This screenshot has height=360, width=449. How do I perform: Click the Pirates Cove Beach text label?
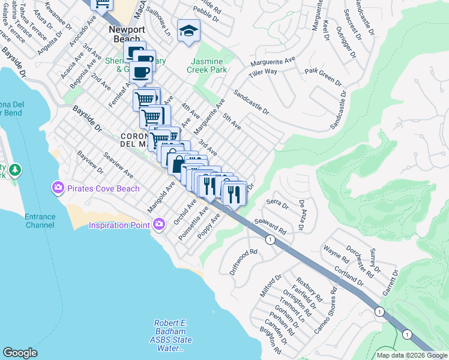point(103,188)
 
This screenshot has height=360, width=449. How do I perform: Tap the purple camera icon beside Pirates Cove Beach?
point(58,188)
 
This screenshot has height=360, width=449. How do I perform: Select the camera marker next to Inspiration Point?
point(159,225)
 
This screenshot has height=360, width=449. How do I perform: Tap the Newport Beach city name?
point(125,34)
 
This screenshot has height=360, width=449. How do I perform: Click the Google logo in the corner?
point(20,353)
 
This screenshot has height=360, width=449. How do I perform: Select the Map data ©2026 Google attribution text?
point(411,355)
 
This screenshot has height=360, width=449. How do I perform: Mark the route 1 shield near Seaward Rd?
point(271,240)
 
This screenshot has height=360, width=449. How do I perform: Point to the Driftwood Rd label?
point(243,262)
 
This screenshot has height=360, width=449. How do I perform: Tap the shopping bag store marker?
point(177,162)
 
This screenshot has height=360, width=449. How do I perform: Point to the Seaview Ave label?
point(118,164)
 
